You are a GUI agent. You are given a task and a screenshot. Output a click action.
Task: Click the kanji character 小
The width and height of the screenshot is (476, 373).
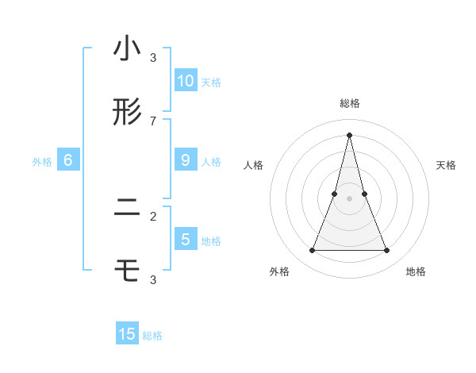coord(127,49)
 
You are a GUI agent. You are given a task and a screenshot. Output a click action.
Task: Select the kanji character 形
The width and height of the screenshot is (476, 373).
coord(127,113)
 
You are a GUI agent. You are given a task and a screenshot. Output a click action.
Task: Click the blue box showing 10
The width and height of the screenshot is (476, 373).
coord(186,80)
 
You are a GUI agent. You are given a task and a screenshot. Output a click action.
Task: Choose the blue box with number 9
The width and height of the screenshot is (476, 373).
coord(186,160)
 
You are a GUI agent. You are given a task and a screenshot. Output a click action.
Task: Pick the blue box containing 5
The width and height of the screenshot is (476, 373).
coord(186,239)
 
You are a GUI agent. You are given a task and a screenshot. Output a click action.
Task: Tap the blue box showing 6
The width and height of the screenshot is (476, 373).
coord(68,160)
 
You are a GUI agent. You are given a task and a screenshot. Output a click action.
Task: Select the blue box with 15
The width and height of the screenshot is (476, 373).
coord(127,334)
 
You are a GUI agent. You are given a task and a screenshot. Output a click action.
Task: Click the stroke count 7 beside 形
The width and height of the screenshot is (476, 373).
coord(153,121)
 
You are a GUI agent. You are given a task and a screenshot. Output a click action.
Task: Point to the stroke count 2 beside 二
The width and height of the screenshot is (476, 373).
coord(153,216)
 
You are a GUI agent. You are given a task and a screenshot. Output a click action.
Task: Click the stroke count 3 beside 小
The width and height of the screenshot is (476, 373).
coord(153,57)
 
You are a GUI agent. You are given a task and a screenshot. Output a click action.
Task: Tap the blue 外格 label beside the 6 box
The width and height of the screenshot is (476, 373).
coord(42,162)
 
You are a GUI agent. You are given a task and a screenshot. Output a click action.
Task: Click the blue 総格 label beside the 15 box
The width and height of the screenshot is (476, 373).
coord(152,336)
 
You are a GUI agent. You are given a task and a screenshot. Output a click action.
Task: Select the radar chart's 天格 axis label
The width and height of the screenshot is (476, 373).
coord(447,165)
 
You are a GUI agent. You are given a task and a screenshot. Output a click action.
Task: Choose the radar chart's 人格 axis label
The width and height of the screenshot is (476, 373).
coord(253,165)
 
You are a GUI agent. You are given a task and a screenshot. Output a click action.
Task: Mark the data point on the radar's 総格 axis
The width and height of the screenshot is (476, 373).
coord(350,134)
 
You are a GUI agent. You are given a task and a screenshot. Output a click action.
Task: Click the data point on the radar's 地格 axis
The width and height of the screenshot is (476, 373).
coord(387,251)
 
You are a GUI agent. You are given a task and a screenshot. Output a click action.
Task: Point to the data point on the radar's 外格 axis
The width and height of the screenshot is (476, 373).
coord(312,251)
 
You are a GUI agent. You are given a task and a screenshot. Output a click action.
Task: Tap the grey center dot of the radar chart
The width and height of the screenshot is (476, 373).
coord(350,199)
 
